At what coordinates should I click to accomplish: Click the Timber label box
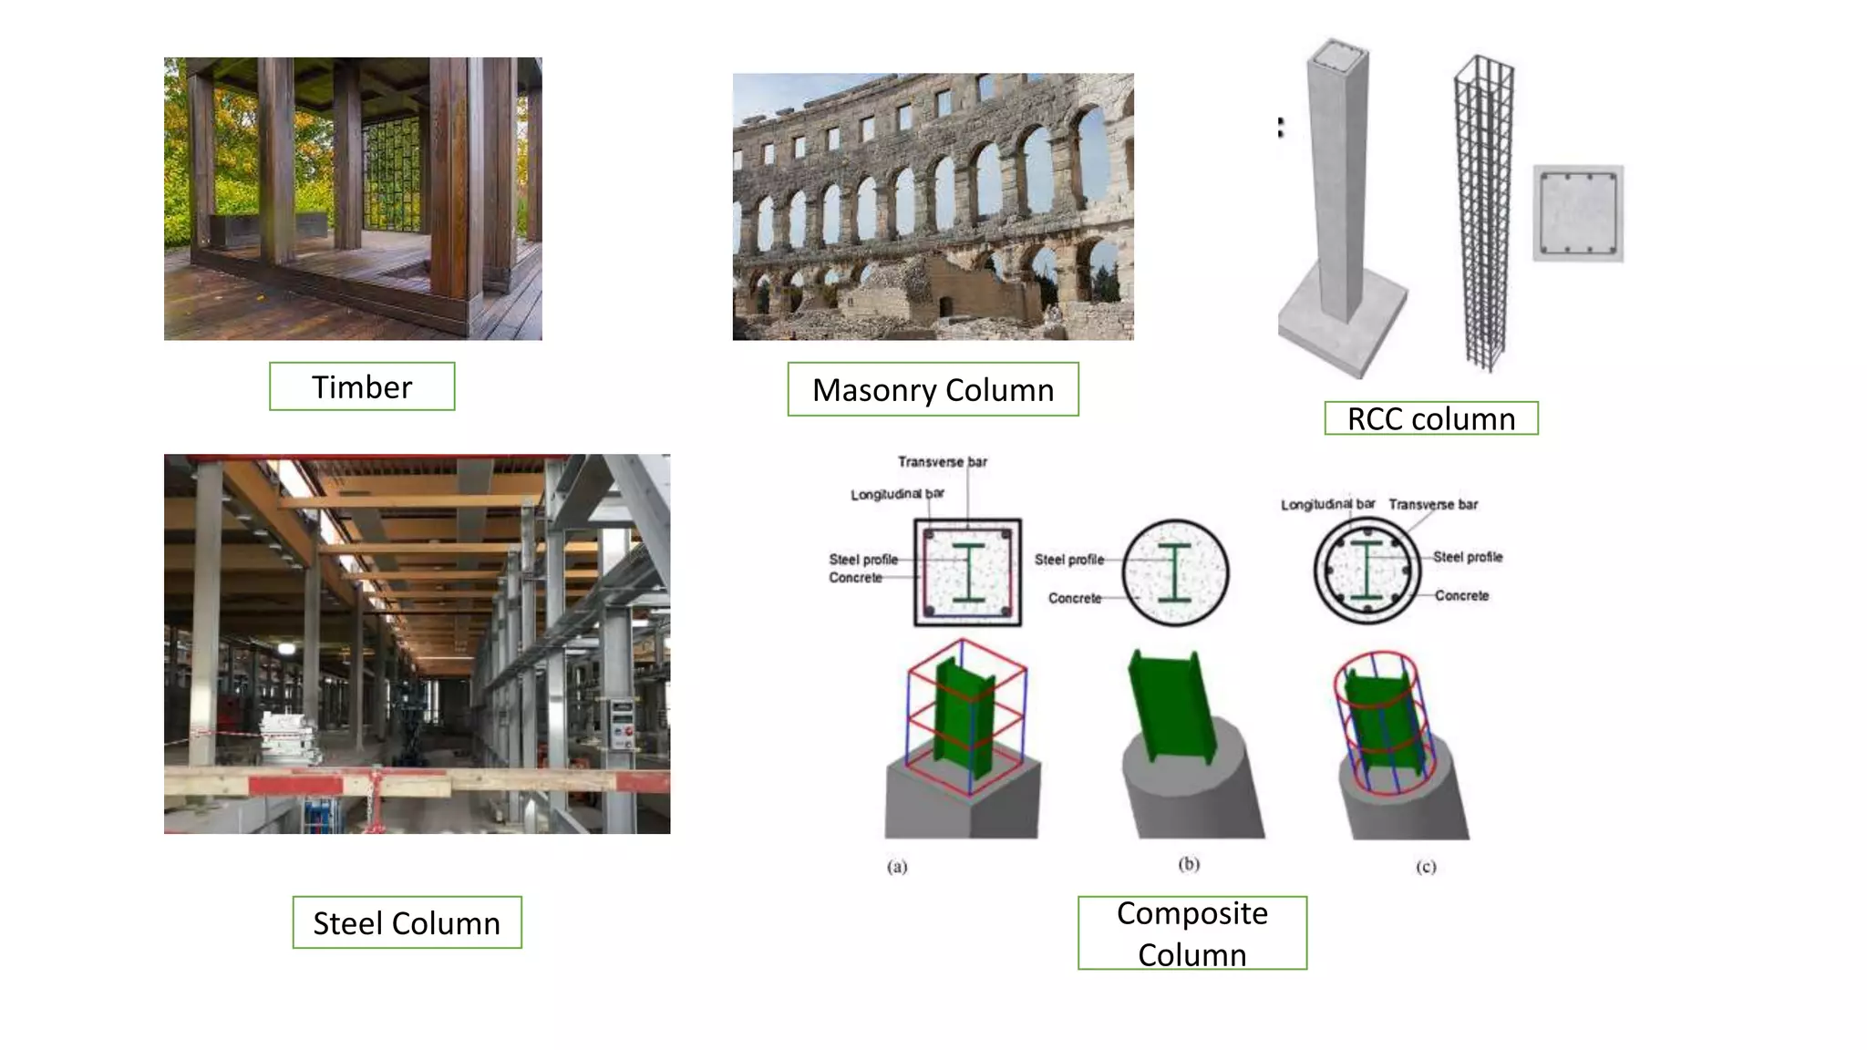(362, 386)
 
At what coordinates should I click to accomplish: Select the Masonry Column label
(933, 389)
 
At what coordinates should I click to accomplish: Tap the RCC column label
(1430, 418)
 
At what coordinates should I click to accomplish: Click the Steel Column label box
(407, 922)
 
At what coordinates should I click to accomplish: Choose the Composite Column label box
(1191, 932)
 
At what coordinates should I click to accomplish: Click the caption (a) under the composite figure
(897, 866)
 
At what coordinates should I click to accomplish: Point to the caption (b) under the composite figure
(1189, 863)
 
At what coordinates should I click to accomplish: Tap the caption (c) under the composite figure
(1426, 866)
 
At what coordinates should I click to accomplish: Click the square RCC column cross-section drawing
(1577, 213)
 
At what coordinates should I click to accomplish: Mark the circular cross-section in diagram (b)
(1175, 572)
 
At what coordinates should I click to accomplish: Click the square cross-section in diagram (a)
(967, 572)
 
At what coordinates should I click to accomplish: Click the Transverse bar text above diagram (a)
(942, 462)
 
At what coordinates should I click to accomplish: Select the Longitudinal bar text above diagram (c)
(1326, 504)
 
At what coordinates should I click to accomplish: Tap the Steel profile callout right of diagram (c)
(1467, 557)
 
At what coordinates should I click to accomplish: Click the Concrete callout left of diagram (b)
(1074, 598)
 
